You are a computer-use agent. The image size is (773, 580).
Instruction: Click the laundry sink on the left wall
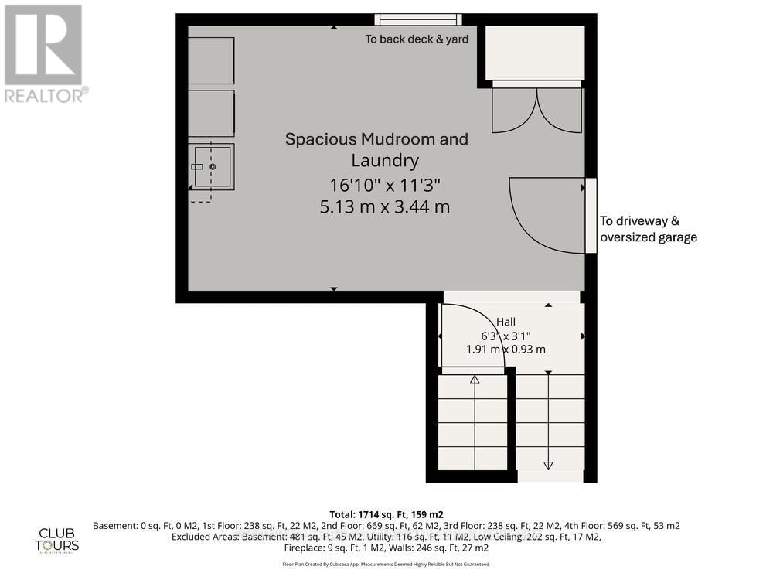(213, 166)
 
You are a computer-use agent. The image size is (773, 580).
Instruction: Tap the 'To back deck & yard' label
(417, 39)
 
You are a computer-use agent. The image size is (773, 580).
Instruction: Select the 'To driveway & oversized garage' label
(649, 229)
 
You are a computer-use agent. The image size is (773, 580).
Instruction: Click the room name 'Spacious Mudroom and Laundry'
(376, 149)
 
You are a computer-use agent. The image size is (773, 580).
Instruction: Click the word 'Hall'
(506, 322)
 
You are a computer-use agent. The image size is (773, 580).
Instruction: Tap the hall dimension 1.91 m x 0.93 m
(506, 349)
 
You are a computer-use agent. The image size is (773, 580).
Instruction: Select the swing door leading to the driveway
(547, 215)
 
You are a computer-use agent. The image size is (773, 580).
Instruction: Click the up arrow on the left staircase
(475, 379)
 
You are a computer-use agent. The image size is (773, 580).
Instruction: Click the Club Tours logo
(59, 539)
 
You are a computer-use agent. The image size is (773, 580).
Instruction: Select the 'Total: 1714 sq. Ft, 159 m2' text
(386, 513)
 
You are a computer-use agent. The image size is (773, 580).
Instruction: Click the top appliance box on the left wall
(211, 60)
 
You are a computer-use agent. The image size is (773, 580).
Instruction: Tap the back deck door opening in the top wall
(418, 19)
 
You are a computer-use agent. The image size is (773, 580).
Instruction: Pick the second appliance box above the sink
(211, 114)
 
